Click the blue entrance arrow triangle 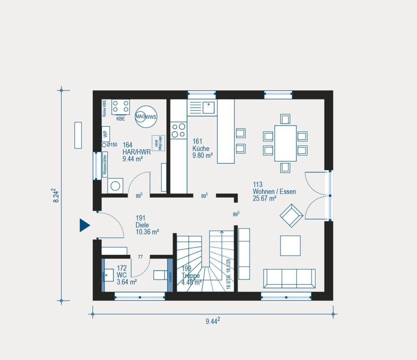(x=84, y=225)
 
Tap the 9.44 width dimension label (x=212, y=321)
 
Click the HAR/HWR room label (x=136, y=152)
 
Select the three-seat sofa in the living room (x=289, y=278)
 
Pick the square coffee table (x=290, y=245)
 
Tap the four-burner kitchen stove (x=178, y=130)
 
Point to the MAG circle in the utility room (x=141, y=117)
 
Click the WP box (x=105, y=133)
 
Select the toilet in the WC (x=160, y=275)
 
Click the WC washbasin (x=108, y=275)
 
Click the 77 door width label (x=140, y=257)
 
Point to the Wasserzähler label (x=105, y=164)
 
